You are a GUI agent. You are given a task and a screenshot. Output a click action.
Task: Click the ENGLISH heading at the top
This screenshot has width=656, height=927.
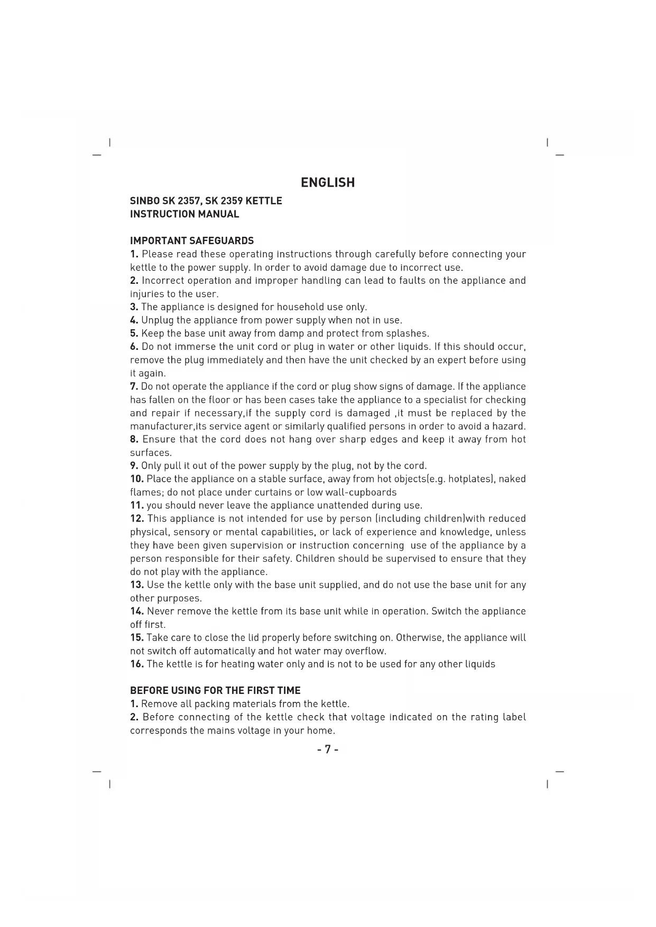point(328,183)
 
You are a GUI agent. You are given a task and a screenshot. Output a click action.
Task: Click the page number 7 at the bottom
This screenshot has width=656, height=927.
point(328,749)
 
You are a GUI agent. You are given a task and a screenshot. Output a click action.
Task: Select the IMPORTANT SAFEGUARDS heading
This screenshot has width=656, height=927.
point(192,241)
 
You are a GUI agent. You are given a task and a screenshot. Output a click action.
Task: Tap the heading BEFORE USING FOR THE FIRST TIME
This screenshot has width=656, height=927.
point(215,691)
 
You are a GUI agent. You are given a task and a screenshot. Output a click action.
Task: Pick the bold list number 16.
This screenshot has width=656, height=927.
point(137,664)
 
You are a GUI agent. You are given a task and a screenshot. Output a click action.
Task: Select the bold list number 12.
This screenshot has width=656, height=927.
point(137,519)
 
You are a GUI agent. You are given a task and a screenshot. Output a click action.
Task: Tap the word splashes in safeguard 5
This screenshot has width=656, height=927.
point(408,334)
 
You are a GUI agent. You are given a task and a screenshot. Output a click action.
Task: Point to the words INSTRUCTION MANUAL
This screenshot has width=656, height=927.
point(184,215)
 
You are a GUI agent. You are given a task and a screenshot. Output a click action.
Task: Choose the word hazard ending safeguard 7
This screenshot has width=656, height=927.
point(508,427)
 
